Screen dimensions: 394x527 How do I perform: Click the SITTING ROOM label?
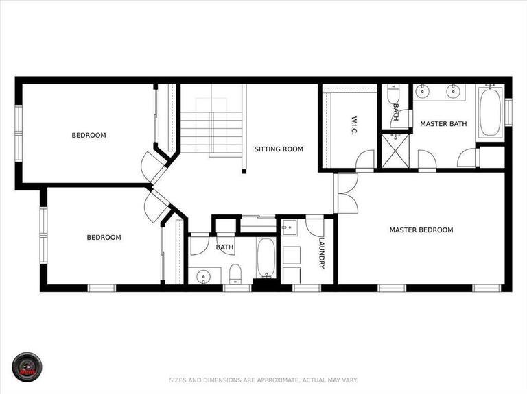tap(278, 149)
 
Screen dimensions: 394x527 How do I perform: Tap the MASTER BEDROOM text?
tap(421, 230)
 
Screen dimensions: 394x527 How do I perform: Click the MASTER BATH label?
tap(443, 123)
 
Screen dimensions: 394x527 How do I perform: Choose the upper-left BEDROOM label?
tap(89, 135)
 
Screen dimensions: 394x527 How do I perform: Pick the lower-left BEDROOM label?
tap(104, 238)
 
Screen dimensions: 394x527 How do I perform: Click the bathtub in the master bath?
tap(490, 112)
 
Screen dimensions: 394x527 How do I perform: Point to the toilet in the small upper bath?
tap(393, 92)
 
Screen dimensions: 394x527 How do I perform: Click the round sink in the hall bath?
tap(203, 277)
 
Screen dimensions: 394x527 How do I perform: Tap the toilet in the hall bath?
tap(235, 273)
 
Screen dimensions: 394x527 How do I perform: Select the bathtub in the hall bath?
tap(266, 258)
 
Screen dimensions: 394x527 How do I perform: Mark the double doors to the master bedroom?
tap(347, 193)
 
